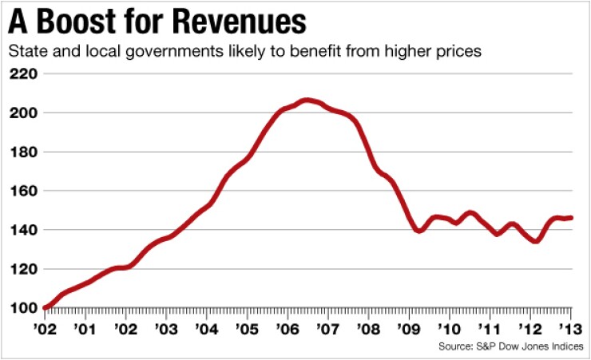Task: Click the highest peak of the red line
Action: coord(305,101)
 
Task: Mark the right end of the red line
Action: coord(570,218)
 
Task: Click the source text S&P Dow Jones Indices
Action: coord(511,346)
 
